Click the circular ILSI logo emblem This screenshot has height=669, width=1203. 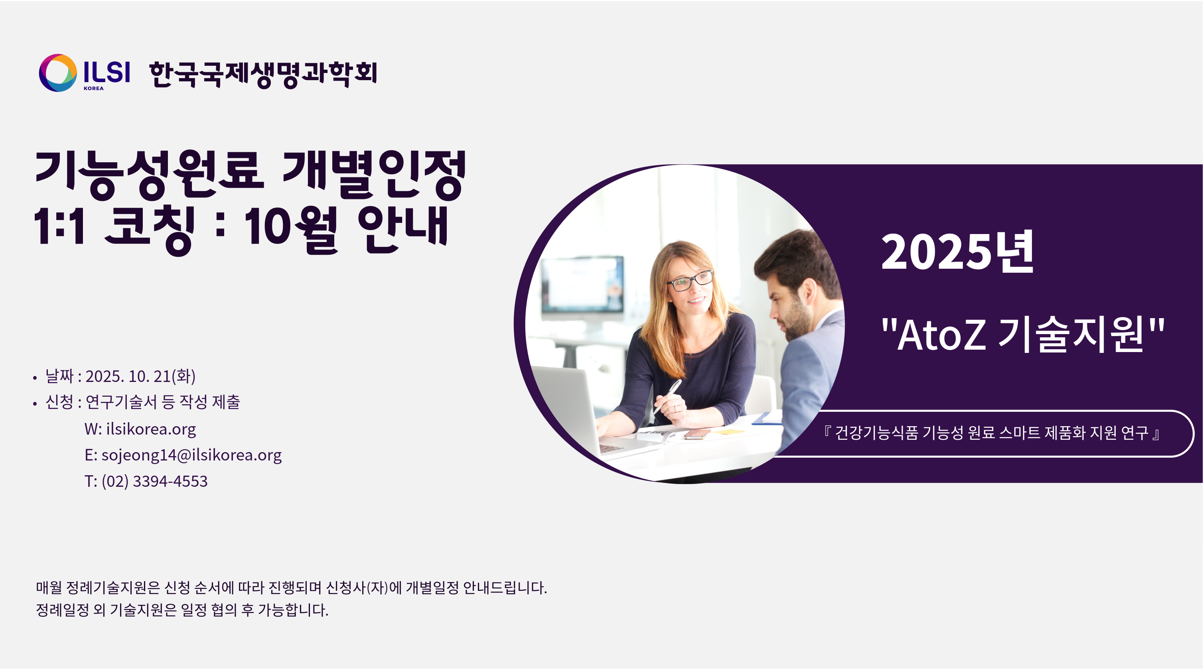(x=58, y=73)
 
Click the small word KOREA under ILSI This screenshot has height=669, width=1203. (x=94, y=88)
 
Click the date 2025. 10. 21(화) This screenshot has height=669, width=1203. (x=140, y=376)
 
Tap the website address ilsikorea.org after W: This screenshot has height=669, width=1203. (x=151, y=429)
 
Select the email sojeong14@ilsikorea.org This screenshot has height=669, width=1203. (x=191, y=455)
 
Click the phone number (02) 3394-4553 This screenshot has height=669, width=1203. (x=155, y=481)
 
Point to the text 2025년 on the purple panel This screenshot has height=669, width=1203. (x=957, y=252)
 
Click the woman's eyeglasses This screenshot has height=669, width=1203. (x=690, y=280)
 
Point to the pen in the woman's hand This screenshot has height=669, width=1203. (x=667, y=396)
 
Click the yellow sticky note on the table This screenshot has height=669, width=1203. (x=728, y=431)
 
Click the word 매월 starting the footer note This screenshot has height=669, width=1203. (x=49, y=587)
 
